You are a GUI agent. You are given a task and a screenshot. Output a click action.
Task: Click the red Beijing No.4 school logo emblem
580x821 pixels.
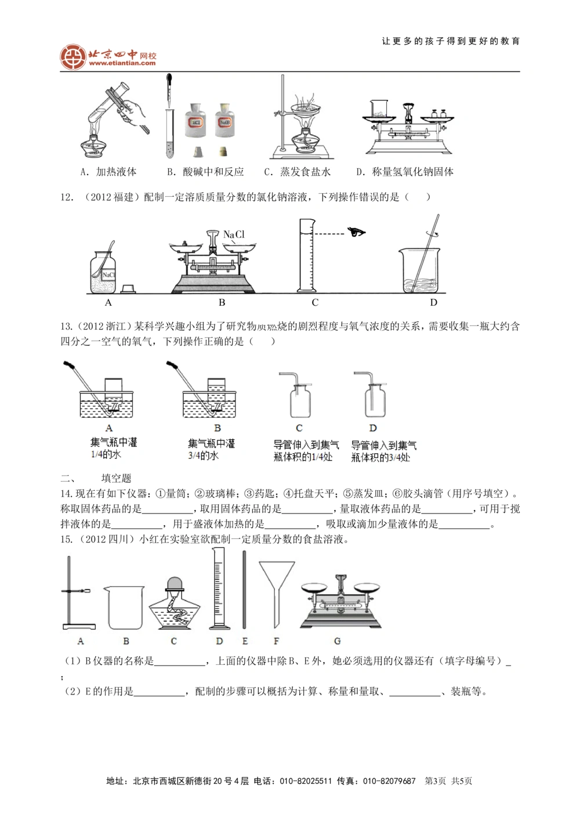pyautogui.click(x=72, y=57)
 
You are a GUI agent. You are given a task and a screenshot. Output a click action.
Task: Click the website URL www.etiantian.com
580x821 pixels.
pyautogui.click(x=122, y=63)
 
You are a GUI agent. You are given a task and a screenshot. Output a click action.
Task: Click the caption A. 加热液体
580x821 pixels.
pyautogui.click(x=108, y=172)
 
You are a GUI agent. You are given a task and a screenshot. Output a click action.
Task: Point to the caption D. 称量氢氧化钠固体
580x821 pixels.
pyautogui.click(x=405, y=172)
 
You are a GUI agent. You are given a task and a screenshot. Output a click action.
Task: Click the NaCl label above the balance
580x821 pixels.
pyautogui.click(x=234, y=234)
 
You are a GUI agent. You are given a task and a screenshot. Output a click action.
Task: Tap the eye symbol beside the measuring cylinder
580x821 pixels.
pyautogui.click(x=356, y=233)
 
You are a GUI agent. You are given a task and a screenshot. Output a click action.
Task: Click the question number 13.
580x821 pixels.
pyautogui.click(x=66, y=327)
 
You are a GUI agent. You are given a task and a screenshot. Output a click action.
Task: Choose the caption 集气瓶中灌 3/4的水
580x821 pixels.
pyautogui.click(x=212, y=450)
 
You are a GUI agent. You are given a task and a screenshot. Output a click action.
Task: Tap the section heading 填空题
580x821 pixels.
pyautogui.click(x=116, y=478)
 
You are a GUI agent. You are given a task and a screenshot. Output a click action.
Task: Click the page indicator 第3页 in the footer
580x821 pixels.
pyautogui.click(x=436, y=781)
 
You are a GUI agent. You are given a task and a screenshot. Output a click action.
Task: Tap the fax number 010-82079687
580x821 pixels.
pyautogui.click(x=389, y=781)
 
